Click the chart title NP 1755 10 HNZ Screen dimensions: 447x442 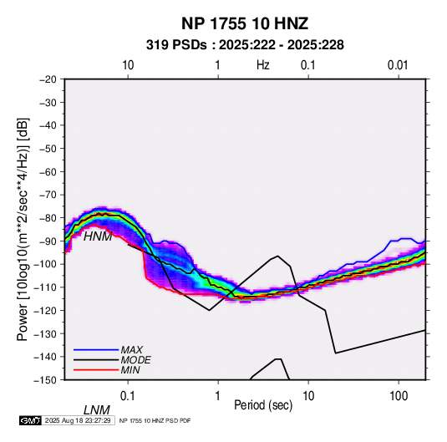click(x=245, y=23)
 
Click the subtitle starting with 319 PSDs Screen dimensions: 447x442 click(x=245, y=45)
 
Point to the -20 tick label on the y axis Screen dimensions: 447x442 click(x=48, y=79)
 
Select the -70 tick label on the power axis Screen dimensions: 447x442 click(x=48, y=195)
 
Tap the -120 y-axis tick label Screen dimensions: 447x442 click(x=45, y=310)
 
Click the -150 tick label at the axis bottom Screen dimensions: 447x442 click(x=45, y=380)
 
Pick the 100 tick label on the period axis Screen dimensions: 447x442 click(x=399, y=396)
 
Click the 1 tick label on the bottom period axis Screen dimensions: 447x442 click(x=218, y=396)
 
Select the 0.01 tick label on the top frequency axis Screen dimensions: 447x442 click(x=398, y=65)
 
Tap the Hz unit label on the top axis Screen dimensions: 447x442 click(x=263, y=65)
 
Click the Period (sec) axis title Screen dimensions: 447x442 click(x=263, y=405)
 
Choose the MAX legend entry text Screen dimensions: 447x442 click(x=131, y=350)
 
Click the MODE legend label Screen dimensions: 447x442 click(x=135, y=360)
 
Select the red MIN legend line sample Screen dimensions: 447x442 click(x=96, y=370)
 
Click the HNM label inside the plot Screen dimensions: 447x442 click(x=98, y=236)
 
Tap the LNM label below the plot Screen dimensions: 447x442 click(x=96, y=410)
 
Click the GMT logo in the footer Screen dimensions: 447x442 click(x=30, y=420)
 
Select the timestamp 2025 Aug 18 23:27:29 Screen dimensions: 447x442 click(x=78, y=420)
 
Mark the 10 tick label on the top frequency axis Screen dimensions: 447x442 click(x=128, y=65)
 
